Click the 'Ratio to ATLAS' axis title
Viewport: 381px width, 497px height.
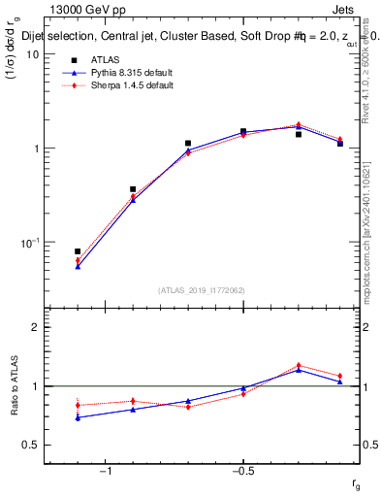coord(15,385)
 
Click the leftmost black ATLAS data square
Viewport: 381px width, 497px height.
coord(78,251)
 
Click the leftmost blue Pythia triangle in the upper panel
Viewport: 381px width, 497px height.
coord(78,266)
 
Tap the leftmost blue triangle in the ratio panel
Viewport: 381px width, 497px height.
coord(78,417)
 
